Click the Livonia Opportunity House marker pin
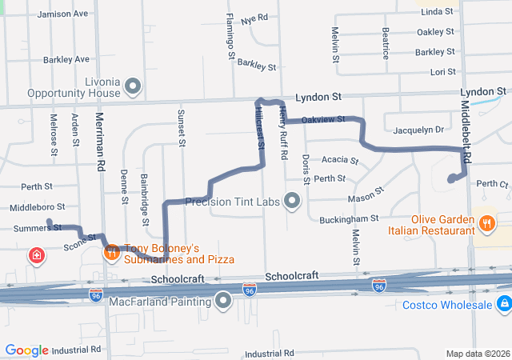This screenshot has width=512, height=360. [x=134, y=86]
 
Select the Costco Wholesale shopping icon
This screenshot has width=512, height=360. [x=503, y=304]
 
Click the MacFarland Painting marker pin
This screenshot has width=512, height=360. [x=223, y=300]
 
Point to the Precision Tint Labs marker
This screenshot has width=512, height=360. [x=292, y=201]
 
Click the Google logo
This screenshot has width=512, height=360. [x=27, y=350]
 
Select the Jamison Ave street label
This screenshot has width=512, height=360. [x=62, y=14]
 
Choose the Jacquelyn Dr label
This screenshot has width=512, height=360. [x=418, y=130]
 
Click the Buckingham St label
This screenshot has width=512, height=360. [x=349, y=218]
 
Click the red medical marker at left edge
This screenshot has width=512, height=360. [x=36, y=256]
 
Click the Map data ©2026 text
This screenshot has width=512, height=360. [x=477, y=354]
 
